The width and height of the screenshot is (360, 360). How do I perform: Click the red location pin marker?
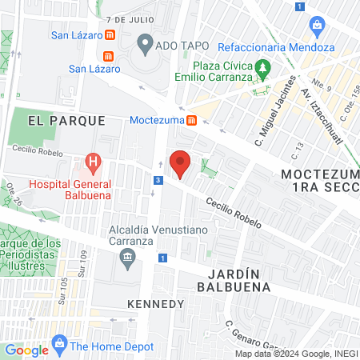click(181, 163)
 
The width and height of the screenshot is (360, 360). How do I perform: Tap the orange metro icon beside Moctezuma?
click(192, 121)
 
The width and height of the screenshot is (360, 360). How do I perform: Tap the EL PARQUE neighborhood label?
click(66, 121)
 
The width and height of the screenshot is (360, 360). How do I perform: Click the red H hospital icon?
click(94, 166)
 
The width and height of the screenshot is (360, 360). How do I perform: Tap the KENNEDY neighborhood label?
click(156, 304)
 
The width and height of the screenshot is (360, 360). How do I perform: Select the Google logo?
click(26, 350)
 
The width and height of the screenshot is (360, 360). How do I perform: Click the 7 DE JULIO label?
click(127, 18)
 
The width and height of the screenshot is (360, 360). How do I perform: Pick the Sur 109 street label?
click(83, 261)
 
